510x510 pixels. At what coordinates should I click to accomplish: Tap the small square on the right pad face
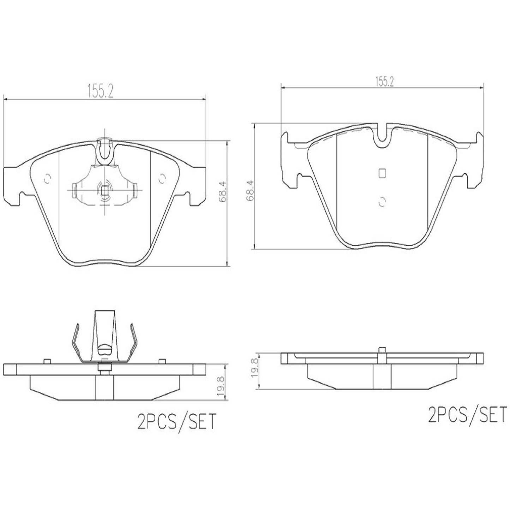[381, 173]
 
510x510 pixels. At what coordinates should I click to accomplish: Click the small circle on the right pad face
[381, 201]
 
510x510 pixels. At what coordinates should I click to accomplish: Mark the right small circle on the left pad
[162, 179]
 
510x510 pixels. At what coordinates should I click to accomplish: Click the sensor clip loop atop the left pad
[105, 150]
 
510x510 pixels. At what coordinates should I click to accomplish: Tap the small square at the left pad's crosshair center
[105, 191]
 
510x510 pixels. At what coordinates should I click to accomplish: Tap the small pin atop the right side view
[381, 350]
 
